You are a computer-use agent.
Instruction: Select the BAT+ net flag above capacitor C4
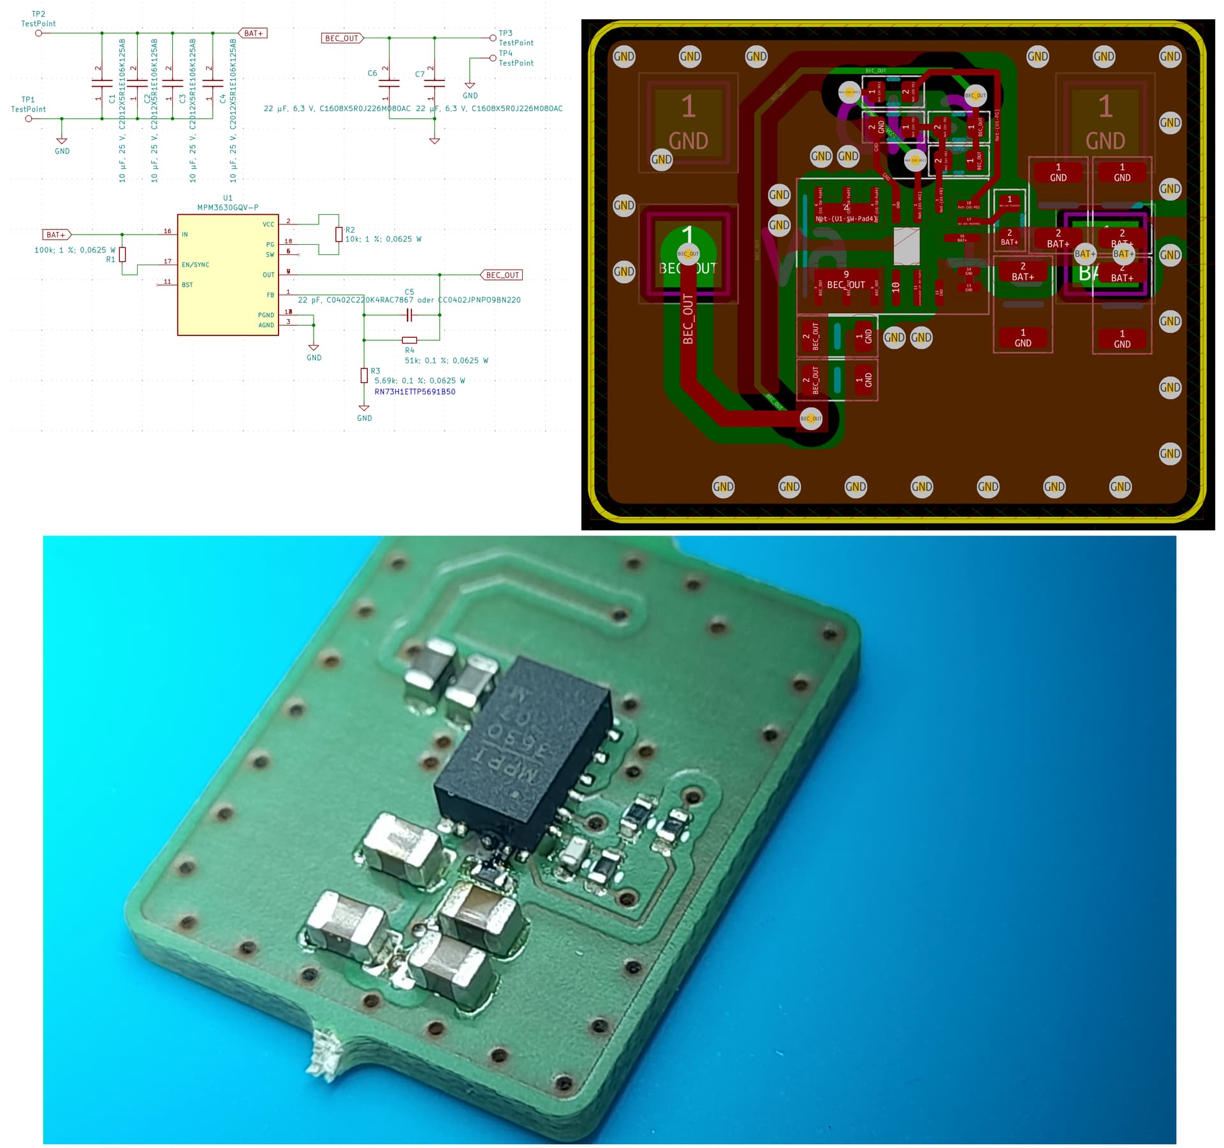252,33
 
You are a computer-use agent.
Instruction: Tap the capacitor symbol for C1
102,83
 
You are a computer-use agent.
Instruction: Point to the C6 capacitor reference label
372,73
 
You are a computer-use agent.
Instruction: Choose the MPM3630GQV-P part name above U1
228,208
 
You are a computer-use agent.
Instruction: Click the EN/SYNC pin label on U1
195,265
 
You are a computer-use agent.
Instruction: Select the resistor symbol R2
339,235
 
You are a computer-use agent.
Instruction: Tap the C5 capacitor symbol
410,315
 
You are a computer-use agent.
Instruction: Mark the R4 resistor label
409,350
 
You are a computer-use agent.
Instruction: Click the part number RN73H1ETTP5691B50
414,391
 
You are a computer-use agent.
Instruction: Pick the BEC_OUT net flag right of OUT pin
502,275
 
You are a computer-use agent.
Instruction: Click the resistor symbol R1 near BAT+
122,255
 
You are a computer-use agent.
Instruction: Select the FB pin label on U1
270,295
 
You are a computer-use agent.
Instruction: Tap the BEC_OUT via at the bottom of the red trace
810,418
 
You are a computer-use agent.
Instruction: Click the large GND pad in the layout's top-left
688,122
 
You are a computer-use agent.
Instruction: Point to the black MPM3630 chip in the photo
523,752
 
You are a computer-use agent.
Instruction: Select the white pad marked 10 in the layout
896,287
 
